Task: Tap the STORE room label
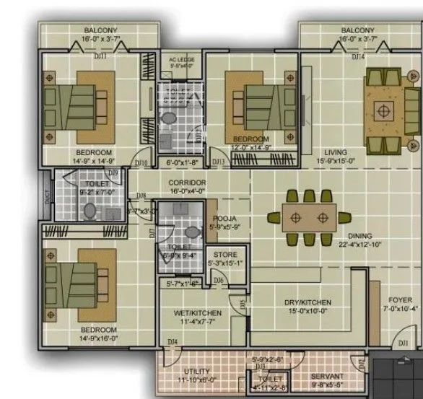[219, 254]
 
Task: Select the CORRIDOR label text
[187, 183]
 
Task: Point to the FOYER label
[401, 299]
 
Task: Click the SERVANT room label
[328, 376]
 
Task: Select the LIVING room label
[336, 152]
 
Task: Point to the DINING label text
[359, 236]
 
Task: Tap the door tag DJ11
[100, 55]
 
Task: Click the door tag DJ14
[357, 55]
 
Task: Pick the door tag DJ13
[217, 162]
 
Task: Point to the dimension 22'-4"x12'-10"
[359, 245]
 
